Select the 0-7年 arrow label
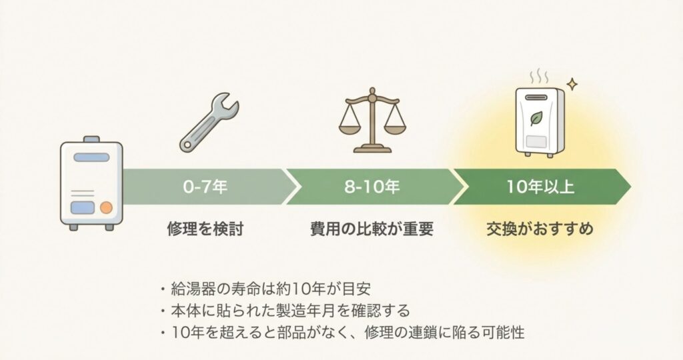[205, 187]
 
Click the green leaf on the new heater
[535, 119]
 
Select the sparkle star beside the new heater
[572, 85]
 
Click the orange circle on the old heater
[105, 207]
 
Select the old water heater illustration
[91, 184]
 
